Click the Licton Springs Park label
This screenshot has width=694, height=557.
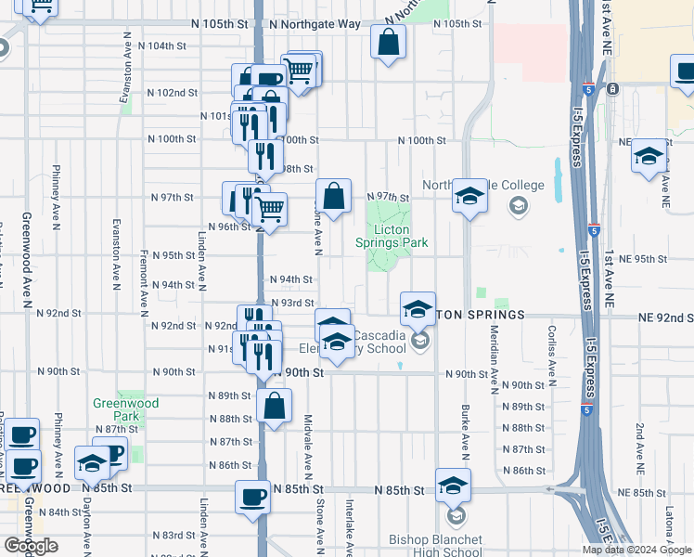(x=392, y=236)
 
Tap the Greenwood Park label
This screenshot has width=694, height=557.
(x=125, y=409)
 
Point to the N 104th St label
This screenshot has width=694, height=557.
(x=155, y=45)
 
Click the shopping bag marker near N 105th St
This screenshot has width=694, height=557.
(x=388, y=41)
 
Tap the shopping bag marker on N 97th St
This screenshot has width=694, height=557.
(x=334, y=196)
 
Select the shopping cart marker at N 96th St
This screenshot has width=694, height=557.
(x=269, y=210)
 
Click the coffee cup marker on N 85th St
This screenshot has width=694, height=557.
(x=252, y=498)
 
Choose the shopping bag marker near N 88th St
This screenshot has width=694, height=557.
(x=275, y=406)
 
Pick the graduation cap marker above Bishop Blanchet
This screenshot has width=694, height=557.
(x=453, y=486)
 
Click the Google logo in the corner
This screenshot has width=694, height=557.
(x=31, y=546)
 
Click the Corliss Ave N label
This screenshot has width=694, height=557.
(x=551, y=356)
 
